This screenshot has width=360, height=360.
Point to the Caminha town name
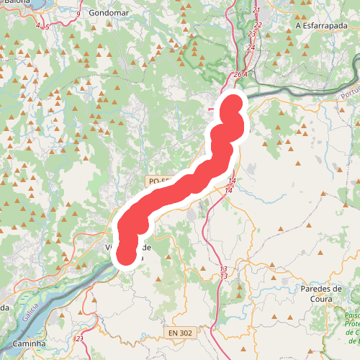tap(30, 344)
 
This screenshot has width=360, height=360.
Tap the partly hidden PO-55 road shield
tap(158, 182)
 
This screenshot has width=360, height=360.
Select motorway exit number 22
tap(258, 24)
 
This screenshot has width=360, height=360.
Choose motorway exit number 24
tap(251, 48)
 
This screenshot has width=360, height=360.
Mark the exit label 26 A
tap(240, 74)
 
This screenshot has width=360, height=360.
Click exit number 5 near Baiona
tap(46, 27)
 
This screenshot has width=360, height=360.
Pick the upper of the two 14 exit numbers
tap(232, 181)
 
